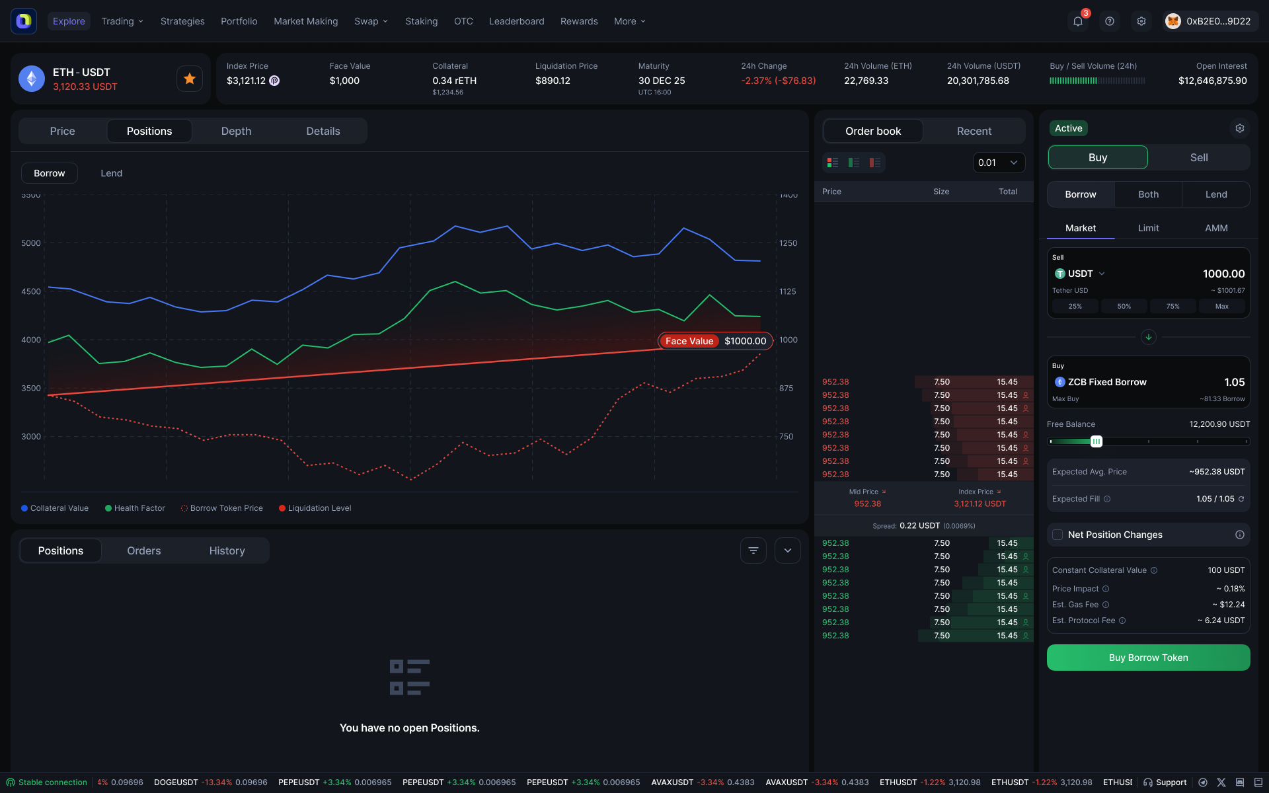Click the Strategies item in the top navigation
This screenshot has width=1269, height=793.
[182, 21]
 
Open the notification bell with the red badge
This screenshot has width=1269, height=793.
[1077, 21]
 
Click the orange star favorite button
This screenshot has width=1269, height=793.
[190, 79]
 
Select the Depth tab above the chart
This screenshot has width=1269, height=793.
[236, 131]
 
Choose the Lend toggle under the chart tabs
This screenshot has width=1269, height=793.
[111, 173]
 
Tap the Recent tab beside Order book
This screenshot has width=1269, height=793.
[974, 131]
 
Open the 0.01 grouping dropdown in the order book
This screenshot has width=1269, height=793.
[998, 163]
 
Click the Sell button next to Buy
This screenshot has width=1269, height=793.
[1198, 157]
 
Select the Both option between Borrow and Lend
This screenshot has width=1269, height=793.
[1148, 194]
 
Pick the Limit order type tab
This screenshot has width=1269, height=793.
[1148, 228]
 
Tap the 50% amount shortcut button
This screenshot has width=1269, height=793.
[1124, 306]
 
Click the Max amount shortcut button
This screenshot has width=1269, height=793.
[1221, 306]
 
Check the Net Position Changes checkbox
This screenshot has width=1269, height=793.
[1057, 535]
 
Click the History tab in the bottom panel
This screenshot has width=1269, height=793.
[227, 550]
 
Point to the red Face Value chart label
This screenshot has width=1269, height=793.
[689, 341]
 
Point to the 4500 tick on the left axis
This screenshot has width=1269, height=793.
[31, 291]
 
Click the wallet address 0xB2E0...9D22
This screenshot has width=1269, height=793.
[1217, 21]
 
